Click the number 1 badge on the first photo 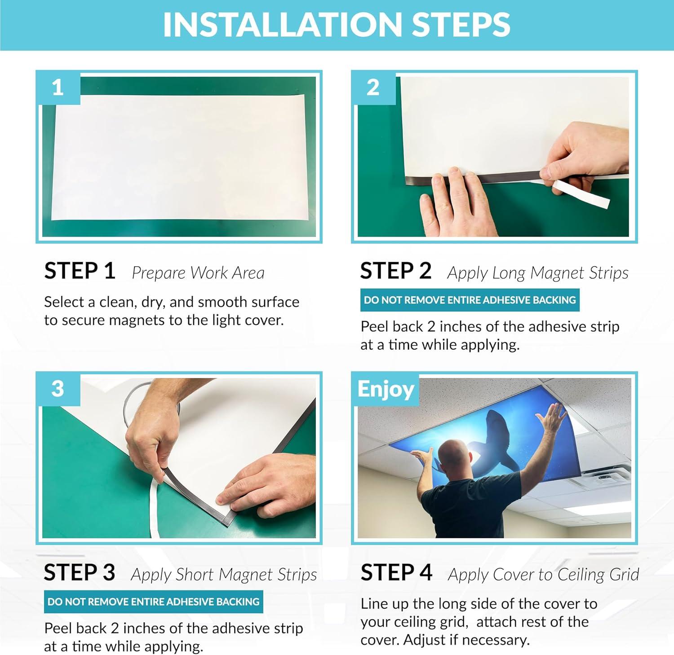click(58, 87)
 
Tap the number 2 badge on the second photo click(373, 87)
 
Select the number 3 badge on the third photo click(58, 389)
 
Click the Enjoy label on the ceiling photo click(386, 389)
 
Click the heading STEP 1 click(80, 271)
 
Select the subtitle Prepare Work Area click(198, 273)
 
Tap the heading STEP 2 click(395, 271)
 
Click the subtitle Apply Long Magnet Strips click(538, 273)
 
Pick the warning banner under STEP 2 click(470, 300)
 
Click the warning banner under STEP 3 click(154, 602)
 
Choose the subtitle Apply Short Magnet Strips click(224, 575)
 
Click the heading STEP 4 click(396, 573)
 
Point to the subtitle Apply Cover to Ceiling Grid click(544, 575)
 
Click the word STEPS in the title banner click(461, 25)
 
